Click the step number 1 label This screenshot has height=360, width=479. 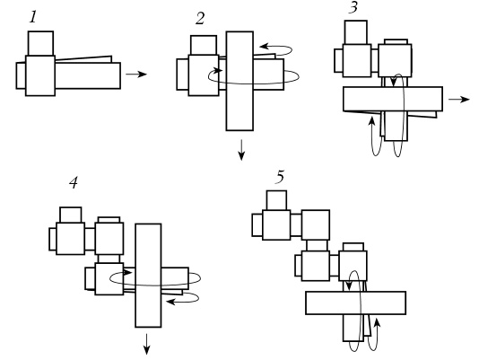click(33, 17)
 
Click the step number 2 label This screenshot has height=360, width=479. click(200, 19)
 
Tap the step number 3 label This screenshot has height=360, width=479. click(353, 7)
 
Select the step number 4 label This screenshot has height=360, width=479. click(74, 183)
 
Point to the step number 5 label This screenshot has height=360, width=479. click(280, 177)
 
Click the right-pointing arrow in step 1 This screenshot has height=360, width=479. click(136, 74)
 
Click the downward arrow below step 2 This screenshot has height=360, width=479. click(241, 150)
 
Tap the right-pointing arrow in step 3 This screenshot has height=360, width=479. click(459, 99)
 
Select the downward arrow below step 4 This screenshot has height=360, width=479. click(146, 344)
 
